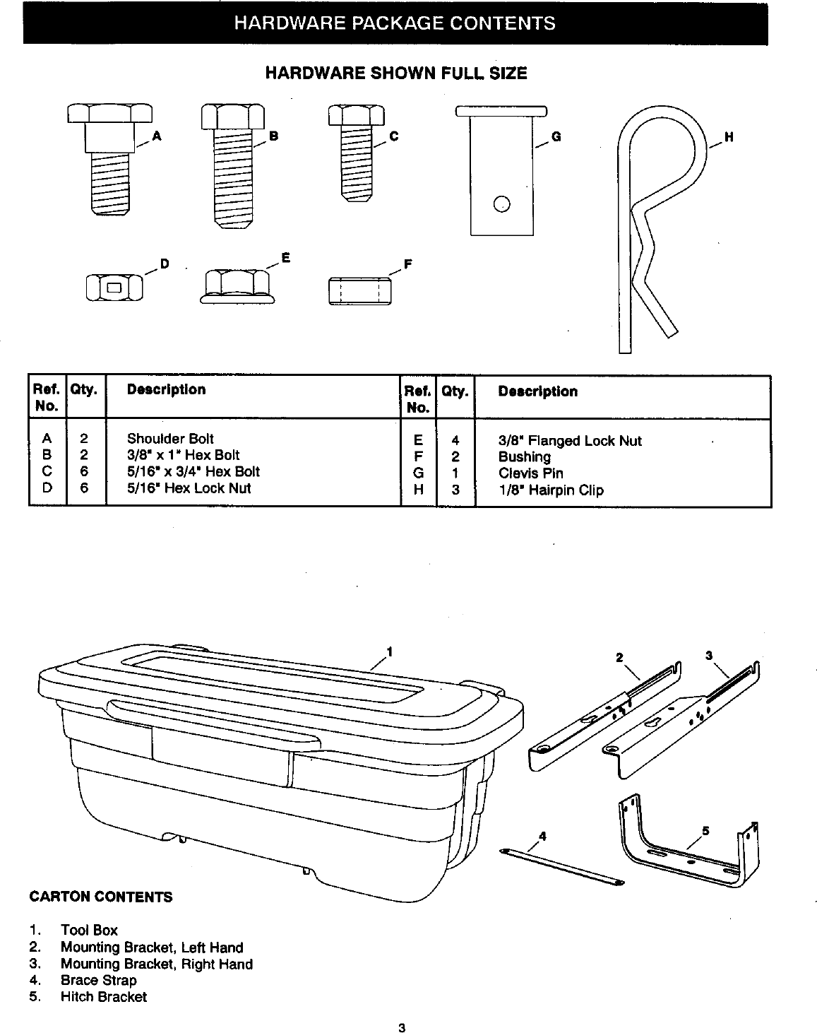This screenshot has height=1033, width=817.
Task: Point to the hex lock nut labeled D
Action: coord(114,287)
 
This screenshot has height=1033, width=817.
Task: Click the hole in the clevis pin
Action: coord(501,204)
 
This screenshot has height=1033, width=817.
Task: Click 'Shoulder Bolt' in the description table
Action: coord(170,439)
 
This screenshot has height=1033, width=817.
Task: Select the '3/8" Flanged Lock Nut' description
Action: coord(570,441)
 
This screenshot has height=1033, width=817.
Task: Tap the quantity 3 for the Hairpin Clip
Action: coord(455,490)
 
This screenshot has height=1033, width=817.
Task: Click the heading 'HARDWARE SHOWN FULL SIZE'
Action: coord(395,73)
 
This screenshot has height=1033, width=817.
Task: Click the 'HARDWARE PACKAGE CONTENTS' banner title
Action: coord(395,23)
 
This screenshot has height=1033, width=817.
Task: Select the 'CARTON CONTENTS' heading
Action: coord(100,897)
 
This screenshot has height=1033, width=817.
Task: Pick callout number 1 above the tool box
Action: coord(389,650)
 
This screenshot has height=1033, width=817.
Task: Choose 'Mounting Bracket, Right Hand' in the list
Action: coord(156,964)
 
